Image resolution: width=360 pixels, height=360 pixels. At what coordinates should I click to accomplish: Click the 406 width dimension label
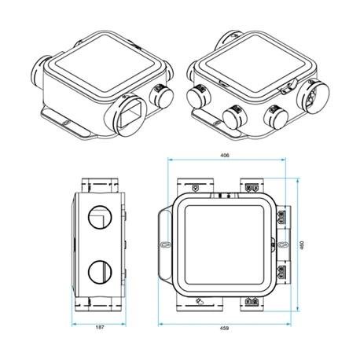(224, 156)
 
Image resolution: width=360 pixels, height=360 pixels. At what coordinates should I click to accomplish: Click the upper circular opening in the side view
(99, 215)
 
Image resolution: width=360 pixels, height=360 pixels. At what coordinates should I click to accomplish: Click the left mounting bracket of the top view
(165, 244)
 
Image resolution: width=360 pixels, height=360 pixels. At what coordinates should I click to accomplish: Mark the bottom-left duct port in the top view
(194, 302)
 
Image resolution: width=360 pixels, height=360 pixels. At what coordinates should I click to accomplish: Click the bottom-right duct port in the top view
(252, 302)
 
